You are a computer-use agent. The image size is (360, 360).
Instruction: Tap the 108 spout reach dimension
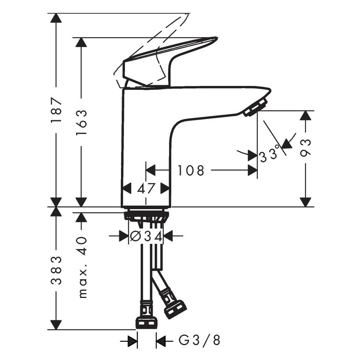(191, 171)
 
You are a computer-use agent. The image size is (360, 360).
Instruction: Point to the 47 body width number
(146, 188)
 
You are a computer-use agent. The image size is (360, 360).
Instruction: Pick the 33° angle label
(270, 155)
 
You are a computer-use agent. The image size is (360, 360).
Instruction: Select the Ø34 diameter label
(146, 236)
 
